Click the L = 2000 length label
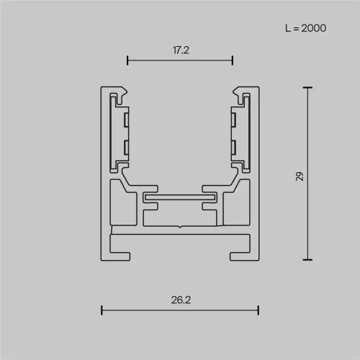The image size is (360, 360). click(305, 28)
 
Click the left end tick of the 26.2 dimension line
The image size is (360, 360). click(102, 310)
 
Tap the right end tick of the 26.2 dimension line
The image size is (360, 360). click(258, 310)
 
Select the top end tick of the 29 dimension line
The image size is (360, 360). click(308, 88)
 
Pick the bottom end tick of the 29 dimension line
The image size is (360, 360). click(308, 259)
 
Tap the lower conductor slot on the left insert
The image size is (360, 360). click(126, 147)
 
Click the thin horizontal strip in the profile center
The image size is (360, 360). click(179, 195)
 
